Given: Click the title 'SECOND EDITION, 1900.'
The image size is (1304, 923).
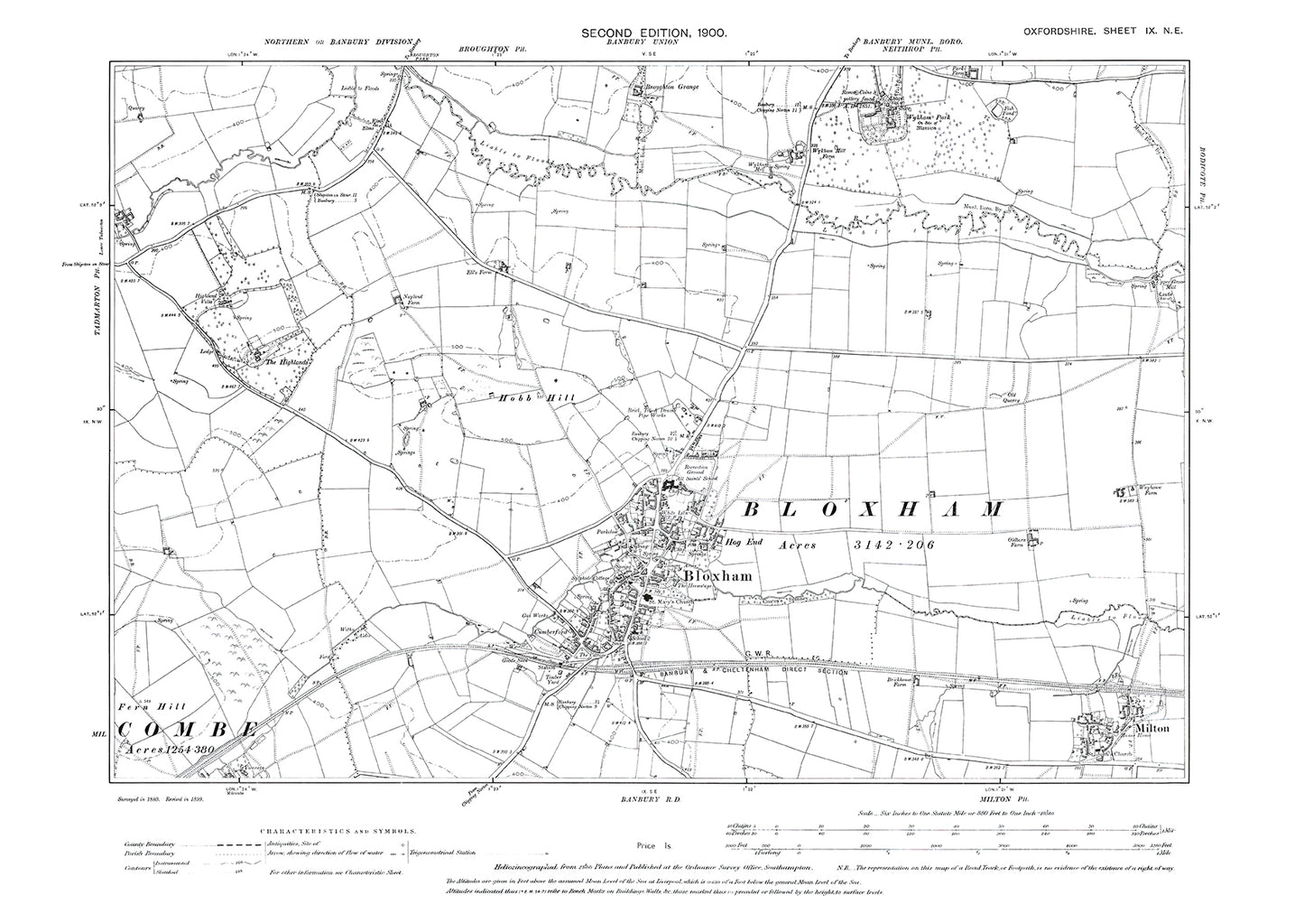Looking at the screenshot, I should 653,33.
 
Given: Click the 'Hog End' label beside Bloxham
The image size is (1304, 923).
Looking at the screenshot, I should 745,545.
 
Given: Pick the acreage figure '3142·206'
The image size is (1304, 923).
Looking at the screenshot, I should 892,545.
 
